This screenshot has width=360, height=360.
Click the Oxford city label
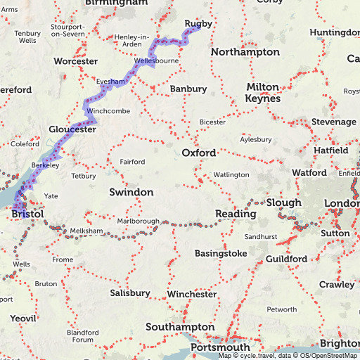pyautogui.click(x=198, y=153)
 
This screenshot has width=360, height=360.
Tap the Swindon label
pyautogui.click(x=131, y=192)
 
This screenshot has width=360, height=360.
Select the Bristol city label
pyautogui.click(x=28, y=213)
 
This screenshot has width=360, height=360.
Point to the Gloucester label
pyautogui.click(x=72, y=129)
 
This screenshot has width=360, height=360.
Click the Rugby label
pyautogui.click(x=198, y=24)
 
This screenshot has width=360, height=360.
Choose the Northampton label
pyautogui.click(x=245, y=53)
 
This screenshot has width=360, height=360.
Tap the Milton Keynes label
pyautogui.click(x=262, y=92)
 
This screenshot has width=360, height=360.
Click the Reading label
pyautogui.click(x=236, y=214)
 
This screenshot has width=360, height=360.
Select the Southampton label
pyautogui.click(x=180, y=327)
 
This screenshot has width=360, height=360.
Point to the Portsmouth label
pyautogui.click(x=219, y=347)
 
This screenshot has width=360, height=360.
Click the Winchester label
pyautogui.click(x=192, y=294)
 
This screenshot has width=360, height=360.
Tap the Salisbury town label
pyautogui.click(x=130, y=292)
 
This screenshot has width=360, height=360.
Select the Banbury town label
pyautogui.click(x=188, y=89)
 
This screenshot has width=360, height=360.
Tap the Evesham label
pyautogui.click(x=110, y=82)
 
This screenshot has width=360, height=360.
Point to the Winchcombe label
pyautogui.click(x=106, y=112)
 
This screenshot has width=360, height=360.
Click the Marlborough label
pyautogui.click(x=138, y=221)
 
